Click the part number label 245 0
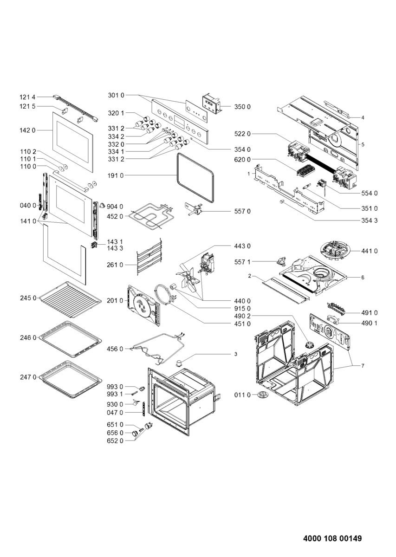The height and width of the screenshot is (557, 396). (28, 298)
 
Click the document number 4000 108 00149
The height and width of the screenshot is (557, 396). (332, 538)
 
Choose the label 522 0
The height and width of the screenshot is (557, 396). (242, 134)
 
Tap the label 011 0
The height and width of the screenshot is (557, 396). (242, 395)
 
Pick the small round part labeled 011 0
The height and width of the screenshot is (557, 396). (263, 395)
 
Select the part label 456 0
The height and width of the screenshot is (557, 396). (115, 349)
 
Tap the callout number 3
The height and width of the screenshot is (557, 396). (235, 354)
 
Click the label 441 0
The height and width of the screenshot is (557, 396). (370, 251)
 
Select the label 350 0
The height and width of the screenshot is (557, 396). (242, 107)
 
